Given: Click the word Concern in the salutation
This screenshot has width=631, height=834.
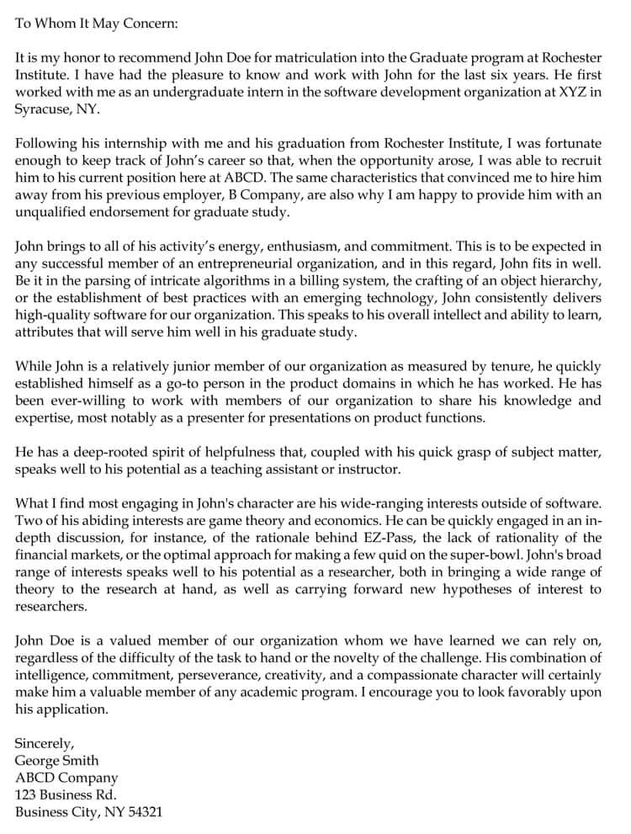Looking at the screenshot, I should pyautogui.click(x=150, y=23).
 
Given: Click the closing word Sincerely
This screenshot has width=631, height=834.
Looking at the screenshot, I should pyautogui.click(x=45, y=743).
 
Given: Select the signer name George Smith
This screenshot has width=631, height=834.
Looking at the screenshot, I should pyautogui.click(x=56, y=761).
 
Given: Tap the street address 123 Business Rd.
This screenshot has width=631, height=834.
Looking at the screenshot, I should pyautogui.click(x=66, y=795).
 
